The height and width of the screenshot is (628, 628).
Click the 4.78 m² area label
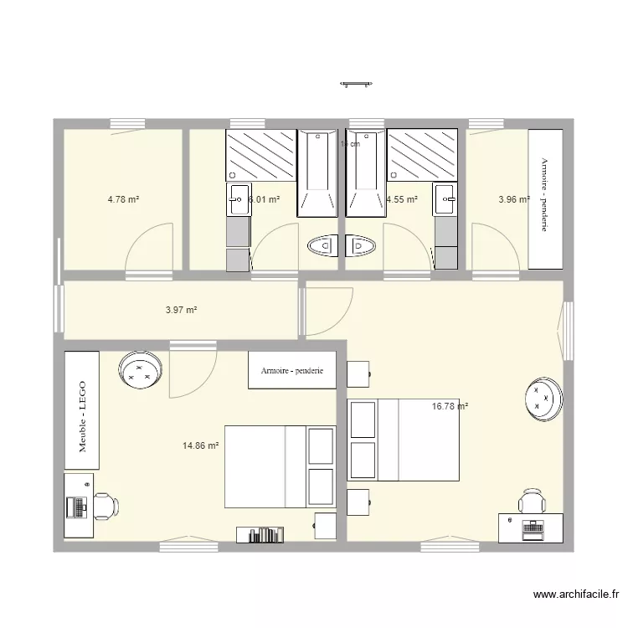point(123,199)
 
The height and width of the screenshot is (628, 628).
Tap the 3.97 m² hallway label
point(181,310)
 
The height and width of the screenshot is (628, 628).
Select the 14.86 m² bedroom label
point(200,446)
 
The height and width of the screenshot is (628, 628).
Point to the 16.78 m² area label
point(449,407)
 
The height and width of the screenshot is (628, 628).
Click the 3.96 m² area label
point(513,199)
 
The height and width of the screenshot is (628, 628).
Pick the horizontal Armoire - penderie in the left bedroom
point(291,370)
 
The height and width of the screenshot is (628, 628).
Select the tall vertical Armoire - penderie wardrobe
point(545,199)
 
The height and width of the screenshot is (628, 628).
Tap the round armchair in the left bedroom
point(139,370)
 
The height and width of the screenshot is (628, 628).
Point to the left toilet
point(322,246)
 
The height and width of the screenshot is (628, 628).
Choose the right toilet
point(362,246)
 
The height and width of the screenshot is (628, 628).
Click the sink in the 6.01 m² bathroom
point(237,198)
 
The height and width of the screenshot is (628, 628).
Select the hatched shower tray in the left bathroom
point(260,154)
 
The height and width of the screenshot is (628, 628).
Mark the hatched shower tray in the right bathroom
point(423,154)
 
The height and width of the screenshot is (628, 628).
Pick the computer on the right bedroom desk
point(532,527)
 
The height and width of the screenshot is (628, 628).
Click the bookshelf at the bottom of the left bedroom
point(260,534)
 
